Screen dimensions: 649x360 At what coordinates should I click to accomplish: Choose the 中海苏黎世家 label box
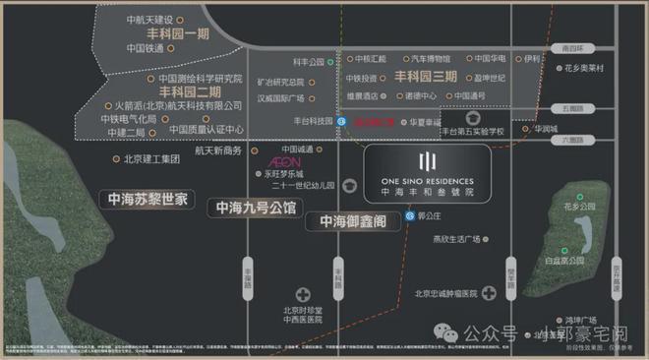tap(147, 199)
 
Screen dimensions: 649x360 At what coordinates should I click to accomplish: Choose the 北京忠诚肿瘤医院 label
tap(444, 292)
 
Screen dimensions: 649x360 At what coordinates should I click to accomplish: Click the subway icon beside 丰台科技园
tap(341, 121)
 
